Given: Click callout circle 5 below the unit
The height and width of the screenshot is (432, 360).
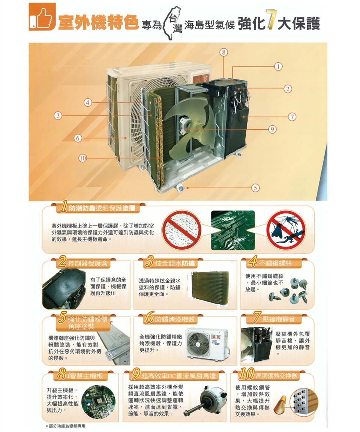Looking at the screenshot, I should click(x=255, y=187).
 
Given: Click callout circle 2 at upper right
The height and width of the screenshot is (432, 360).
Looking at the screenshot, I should click(x=288, y=88).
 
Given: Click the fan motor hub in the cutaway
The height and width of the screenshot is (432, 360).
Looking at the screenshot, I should click(x=185, y=124).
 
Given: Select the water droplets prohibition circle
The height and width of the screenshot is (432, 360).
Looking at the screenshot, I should click(x=183, y=229).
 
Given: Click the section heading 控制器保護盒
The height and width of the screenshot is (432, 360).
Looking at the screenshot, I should click(x=87, y=264).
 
